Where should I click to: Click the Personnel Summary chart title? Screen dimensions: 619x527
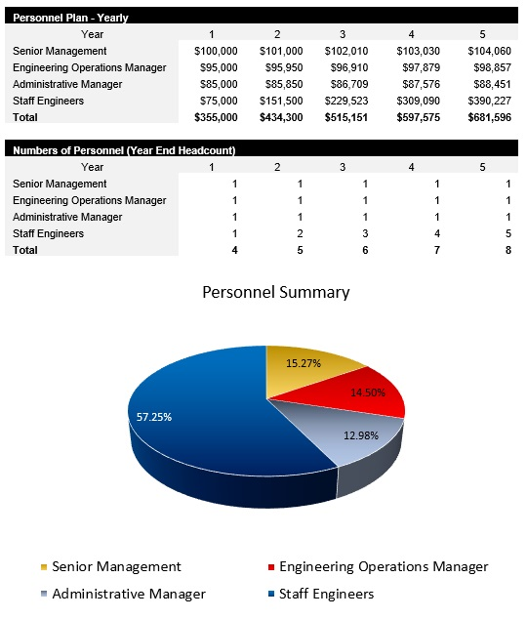click(275, 292)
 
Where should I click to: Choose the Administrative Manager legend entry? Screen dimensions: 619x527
click(129, 594)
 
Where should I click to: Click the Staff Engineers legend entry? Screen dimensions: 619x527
click(326, 594)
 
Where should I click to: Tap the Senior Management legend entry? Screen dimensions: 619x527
click(116, 566)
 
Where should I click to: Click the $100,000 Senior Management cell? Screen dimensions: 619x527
click(217, 51)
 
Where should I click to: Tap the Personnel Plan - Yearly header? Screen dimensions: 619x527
click(70, 18)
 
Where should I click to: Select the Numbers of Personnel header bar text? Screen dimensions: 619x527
click(124, 150)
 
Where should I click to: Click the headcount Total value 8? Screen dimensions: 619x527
click(507, 250)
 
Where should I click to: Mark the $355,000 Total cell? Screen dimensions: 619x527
click(217, 117)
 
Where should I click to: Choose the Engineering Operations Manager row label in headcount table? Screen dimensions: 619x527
click(90, 200)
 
